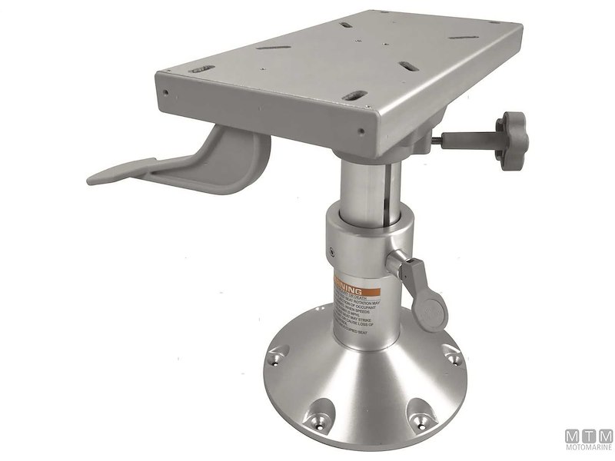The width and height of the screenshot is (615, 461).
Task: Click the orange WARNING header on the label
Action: pyautogui.click(x=357, y=284)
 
